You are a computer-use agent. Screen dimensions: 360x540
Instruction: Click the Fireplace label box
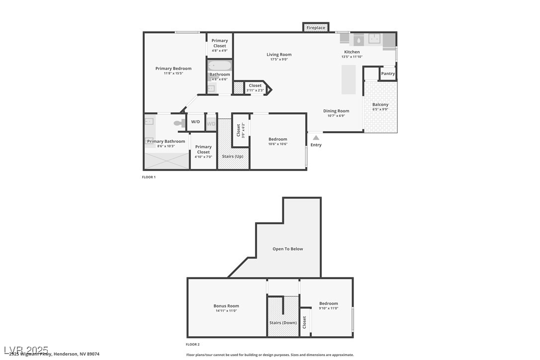coord(316,28)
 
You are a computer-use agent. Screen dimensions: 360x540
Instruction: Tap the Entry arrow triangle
coord(316,138)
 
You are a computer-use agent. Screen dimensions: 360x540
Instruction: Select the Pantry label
coord(388,74)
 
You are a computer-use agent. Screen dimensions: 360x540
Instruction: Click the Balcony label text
coord(380,104)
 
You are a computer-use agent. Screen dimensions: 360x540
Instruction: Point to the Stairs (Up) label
coord(233,157)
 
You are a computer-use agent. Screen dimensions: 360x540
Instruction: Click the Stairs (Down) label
coord(283,323)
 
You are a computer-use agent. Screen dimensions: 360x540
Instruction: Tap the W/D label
coord(195,122)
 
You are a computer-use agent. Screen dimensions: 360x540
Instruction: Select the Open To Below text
coord(287,249)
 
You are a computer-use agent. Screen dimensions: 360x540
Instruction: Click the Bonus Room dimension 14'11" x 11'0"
coord(226,311)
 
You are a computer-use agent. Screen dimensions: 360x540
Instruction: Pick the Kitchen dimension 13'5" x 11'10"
coord(352,57)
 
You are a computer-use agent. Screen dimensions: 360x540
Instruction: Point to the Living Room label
coord(279,55)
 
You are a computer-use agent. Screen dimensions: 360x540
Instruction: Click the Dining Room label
coord(336,111)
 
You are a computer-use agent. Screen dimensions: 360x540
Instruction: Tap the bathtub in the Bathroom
coord(219,66)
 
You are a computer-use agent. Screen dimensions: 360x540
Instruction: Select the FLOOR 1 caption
coord(149,177)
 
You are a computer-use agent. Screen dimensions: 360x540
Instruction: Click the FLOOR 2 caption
coord(193,344)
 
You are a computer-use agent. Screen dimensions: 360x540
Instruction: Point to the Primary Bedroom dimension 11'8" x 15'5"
coord(173,74)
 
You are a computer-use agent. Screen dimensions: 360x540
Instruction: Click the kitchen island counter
coord(348,80)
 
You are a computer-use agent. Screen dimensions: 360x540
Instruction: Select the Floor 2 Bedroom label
coord(329,303)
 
